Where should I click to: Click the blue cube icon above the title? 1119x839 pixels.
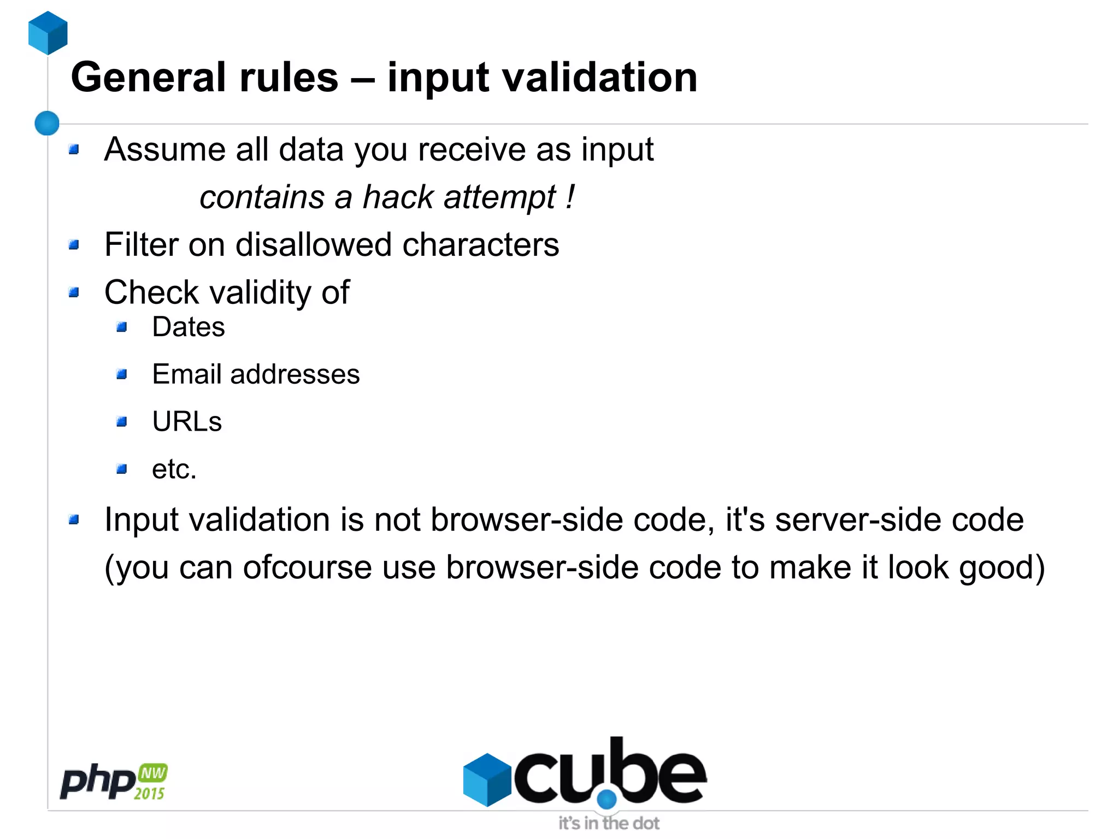[x=48, y=33]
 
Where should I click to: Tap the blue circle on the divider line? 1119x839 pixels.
[x=47, y=123]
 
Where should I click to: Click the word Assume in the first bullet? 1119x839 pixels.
[x=164, y=149]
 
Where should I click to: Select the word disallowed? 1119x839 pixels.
[x=313, y=244]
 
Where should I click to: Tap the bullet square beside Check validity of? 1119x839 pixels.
[x=74, y=292]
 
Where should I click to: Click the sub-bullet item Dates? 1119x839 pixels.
[x=189, y=327]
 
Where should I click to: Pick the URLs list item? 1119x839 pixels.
[x=187, y=422]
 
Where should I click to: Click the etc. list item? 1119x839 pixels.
[x=174, y=470]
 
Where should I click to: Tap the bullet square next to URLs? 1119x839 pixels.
[x=122, y=422]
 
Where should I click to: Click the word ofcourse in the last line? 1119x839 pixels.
[x=308, y=567]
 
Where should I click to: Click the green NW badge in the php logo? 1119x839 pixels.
[x=153, y=773]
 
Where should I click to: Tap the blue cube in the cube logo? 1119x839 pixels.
[x=487, y=779]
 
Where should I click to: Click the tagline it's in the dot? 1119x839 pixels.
[x=609, y=823]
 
